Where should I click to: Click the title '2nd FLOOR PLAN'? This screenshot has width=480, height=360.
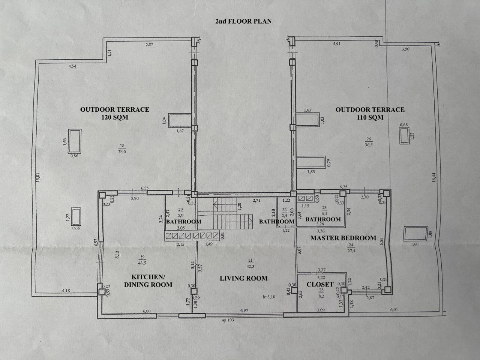coord(243,21)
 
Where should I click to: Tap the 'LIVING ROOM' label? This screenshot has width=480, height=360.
coord(243,278)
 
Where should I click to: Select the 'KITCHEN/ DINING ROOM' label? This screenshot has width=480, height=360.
coord(148,280)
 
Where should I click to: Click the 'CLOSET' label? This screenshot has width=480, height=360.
coord(320,284)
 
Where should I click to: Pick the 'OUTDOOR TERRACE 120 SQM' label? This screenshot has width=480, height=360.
coord(114,113)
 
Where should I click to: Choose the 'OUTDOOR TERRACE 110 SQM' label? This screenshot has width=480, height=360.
coord(370,113)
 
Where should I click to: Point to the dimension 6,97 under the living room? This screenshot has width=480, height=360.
coord(244,311)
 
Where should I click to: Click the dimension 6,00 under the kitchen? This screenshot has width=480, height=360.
coord(146,311)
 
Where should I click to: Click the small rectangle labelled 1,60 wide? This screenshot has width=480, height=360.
coord(415,234)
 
